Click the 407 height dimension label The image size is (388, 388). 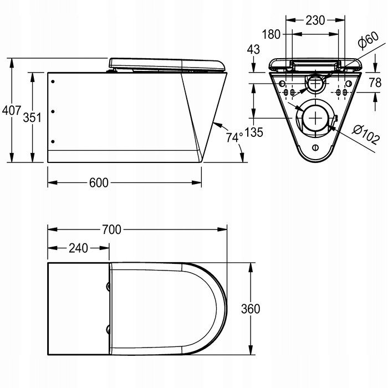[12, 110]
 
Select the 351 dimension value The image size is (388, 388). [32, 118]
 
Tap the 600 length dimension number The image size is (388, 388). [99, 182]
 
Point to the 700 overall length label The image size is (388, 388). [111, 229]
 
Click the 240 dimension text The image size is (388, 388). [78, 248]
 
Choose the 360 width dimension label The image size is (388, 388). [251, 309]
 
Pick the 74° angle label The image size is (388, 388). [234, 137]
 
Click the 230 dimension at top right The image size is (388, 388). [315, 20]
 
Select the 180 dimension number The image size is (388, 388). [271, 34]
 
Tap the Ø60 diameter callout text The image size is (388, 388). [368, 39]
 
